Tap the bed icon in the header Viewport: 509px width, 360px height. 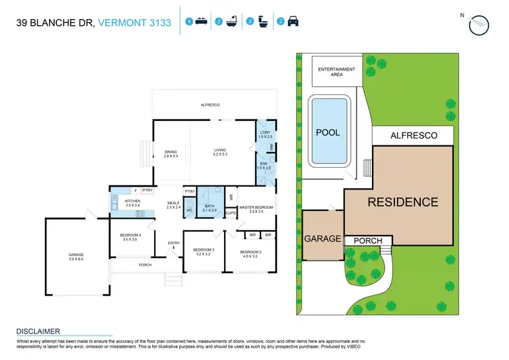[x=201, y=22]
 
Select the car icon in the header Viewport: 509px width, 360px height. [x=293, y=22]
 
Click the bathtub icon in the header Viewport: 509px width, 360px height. [x=231, y=22]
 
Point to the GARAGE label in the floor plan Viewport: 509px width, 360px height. [x=76, y=256]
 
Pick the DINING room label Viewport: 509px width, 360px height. [x=171, y=154]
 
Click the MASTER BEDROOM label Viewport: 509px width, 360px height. [x=256, y=209]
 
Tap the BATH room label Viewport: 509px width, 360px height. [x=210, y=208]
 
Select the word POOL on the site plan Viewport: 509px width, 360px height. [x=328, y=133]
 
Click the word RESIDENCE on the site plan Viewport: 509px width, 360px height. [x=402, y=202]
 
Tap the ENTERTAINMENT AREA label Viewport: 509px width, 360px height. [x=337, y=72]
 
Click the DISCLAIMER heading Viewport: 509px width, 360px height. [x=38, y=331]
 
